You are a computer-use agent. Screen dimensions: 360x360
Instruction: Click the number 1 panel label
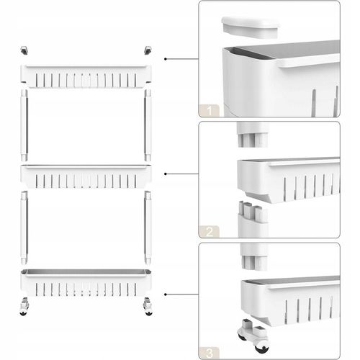[210, 111]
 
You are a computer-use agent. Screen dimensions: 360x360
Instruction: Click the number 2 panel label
[210, 232]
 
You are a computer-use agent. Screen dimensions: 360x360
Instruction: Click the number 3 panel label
[210, 354]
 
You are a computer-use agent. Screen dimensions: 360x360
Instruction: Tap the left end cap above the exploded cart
[24, 50]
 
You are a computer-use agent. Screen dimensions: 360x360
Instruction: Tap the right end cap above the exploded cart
[148, 50]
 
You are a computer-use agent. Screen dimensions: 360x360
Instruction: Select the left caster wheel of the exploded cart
[24, 307]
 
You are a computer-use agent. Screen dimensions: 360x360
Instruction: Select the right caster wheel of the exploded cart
[148, 307]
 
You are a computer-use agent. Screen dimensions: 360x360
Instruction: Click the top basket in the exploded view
[86, 76]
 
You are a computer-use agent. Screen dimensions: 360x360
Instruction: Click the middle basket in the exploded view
[86, 176]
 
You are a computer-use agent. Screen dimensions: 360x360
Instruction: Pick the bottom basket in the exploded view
[86, 283]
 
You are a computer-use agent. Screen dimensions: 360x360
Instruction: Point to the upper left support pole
[24, 125]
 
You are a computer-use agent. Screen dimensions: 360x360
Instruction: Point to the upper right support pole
[148, 125]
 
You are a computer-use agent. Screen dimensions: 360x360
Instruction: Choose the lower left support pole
[24, 228]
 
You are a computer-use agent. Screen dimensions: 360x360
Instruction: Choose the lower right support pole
[148, 228]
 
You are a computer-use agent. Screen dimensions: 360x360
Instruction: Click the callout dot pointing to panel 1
[166, 59]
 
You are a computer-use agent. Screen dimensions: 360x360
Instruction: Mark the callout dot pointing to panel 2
[166, 174]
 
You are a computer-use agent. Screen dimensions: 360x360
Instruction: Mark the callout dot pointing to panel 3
[166, 294]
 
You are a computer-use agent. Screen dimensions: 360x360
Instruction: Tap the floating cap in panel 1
[251, 27]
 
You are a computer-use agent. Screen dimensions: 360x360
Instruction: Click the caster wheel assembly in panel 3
[253, 335]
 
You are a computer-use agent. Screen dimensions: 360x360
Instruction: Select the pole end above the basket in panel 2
[253, 135]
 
